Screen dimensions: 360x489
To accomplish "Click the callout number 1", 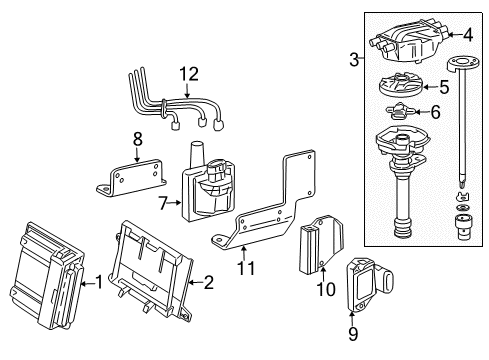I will [x=98, y=283].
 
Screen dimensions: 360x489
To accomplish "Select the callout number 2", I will [x=207, y=283].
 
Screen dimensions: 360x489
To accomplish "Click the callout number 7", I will [x=163, y=203].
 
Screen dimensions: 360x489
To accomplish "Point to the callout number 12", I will [x=189, y=72].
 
